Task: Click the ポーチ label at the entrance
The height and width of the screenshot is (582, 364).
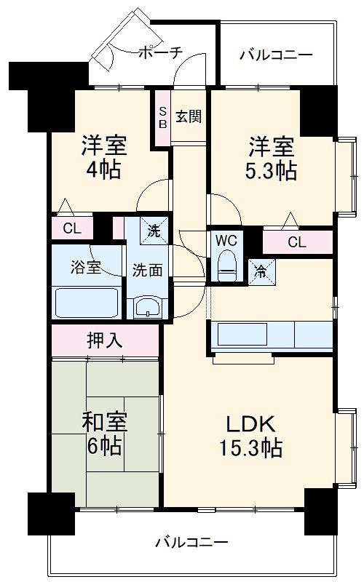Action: pos(159,52)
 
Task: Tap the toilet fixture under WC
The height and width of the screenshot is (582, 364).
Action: pos(227,266)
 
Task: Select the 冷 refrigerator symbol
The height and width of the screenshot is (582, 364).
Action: pos(261,269)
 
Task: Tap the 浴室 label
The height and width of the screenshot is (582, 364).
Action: pos(85,267)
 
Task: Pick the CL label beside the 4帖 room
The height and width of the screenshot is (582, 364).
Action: pos(71,228)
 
